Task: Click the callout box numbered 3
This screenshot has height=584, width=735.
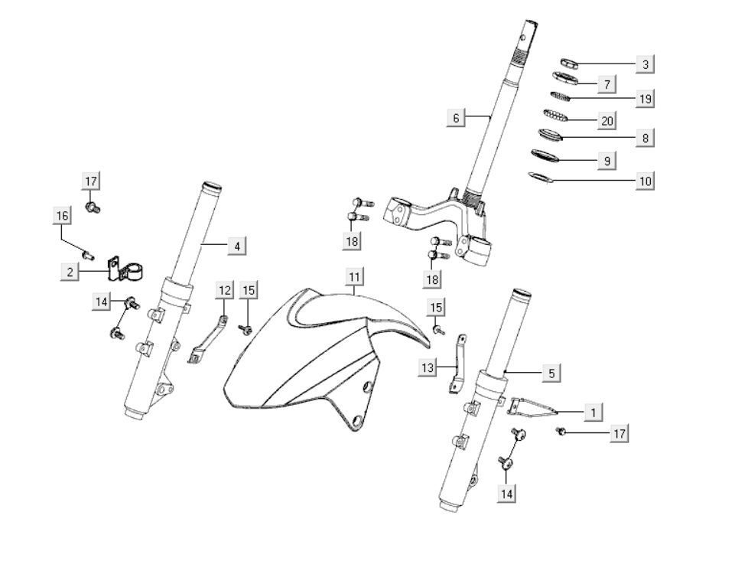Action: pos(645,65)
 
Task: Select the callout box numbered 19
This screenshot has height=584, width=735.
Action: pos(645,99)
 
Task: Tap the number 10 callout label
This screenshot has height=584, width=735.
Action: pos(645,181)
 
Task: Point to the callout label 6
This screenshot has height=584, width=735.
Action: pos(456,118)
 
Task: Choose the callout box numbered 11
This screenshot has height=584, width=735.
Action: pos(353,276)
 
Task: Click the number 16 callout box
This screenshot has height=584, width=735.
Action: pos(63,216)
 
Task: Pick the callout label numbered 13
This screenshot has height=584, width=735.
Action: pos(428,368)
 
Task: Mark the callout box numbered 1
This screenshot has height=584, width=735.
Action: pos(592,413)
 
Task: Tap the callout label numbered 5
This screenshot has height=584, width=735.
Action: pos(551,374)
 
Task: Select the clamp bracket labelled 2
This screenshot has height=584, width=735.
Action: pos(125,269)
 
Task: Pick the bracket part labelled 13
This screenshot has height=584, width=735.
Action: pos(459,363)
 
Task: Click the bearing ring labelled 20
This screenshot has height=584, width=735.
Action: pos(557,116)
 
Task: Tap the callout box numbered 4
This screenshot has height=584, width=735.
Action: pos(236,246)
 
